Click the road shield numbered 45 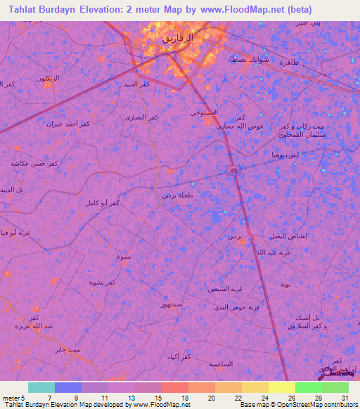click(233, 170)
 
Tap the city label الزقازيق click(178, 37)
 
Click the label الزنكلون click(49, 78)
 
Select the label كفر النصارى click(141, 117)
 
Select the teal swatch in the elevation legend click(41, 387)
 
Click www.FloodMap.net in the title click(252, 10)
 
